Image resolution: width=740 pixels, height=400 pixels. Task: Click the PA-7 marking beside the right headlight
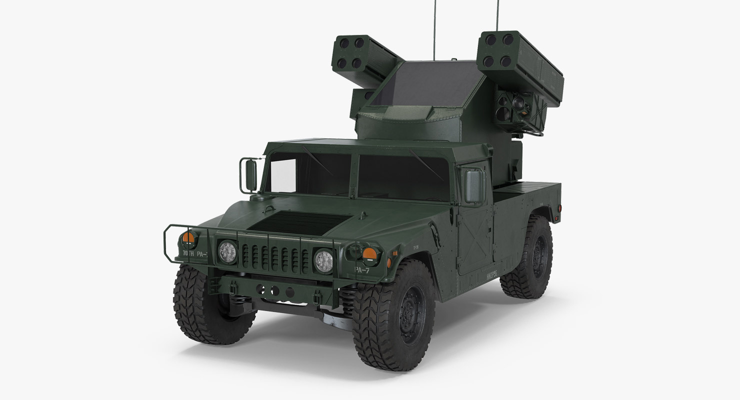point(362,269)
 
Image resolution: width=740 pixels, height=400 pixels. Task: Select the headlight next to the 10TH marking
point(227,251)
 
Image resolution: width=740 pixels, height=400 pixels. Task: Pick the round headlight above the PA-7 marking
point(323,260)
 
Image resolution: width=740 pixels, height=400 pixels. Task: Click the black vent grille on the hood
point(299,223)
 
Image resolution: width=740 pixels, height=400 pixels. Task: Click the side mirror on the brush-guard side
point(250,175)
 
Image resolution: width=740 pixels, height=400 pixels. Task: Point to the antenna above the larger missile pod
point(497,15)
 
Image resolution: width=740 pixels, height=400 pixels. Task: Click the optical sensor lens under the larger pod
point(518,103)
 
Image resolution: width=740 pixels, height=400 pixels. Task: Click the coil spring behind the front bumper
point(347,300)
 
